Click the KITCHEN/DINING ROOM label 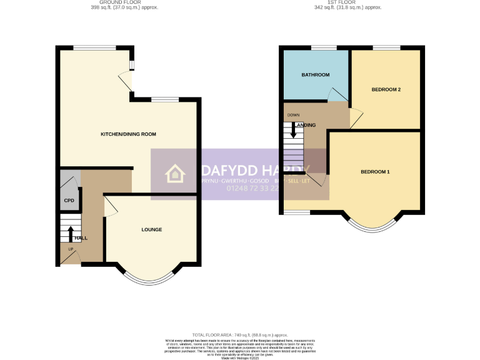pyautogui.click(x=129, y=134)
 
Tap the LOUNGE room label pyautogui.click(x=151, y=229)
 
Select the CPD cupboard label pyautogui.click(x=69, y=201)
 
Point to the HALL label pyautogui.click(x=81, y=239)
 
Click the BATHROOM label pyautogui.click(x=316, y=75)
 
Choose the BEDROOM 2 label pyautogui.click(x=386, y=89)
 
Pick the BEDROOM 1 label pyautogui.click(x=375, y=172)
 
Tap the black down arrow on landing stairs pyautogui.click(x=292, y=131)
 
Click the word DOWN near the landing pyautogui.click(x=293, y=115)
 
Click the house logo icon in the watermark pyautogui.click(x=174, y=174)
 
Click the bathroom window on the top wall pyautogui.click(x=323, y=47)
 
